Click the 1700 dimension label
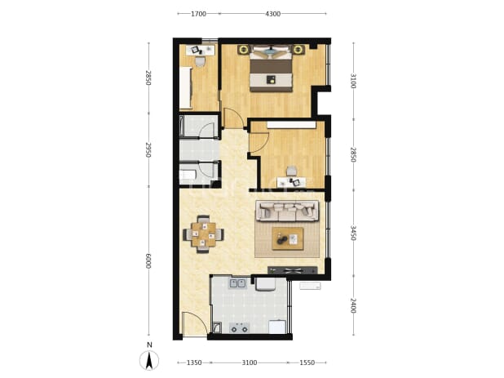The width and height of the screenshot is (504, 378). [198, 14]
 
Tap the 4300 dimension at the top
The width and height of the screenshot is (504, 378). [273, 14]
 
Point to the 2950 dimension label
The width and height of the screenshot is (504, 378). [148, 150]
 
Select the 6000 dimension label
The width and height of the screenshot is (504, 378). [148, 261]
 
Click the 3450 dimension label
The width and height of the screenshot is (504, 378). [353, 233]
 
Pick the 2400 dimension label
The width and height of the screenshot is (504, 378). [353, 305]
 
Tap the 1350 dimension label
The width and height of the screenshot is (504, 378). [194, 362]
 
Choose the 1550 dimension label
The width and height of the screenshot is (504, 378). [307, 362]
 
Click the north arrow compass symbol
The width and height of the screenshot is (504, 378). [149, 360]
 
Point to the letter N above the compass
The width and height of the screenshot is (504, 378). [149, 345]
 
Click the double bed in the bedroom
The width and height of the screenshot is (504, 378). [272, 68]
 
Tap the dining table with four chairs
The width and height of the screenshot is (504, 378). [203, 234]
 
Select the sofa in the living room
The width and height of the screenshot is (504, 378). [287, 211]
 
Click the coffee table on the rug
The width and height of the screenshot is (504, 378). [288, 238]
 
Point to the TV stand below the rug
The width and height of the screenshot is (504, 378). [293, 270]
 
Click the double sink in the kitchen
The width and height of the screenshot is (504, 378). [237, 284]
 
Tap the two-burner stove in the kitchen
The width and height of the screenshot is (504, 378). [239, 328]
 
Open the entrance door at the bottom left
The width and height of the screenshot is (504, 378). [194, 324]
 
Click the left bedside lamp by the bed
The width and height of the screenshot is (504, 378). [244, 50]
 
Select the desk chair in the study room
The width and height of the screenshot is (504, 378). [291, 171]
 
